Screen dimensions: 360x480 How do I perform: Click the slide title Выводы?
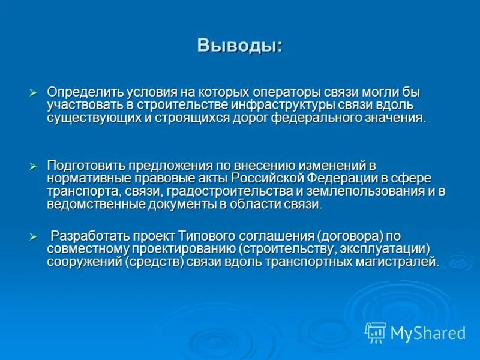[240, 46]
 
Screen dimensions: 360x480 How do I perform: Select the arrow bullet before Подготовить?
[34, 165]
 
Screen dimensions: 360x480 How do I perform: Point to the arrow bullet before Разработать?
[34, 235]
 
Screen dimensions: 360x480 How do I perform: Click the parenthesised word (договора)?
[350, 235]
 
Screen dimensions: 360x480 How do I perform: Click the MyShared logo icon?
[376, 332]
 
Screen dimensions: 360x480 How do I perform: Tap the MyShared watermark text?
[428, 333]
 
